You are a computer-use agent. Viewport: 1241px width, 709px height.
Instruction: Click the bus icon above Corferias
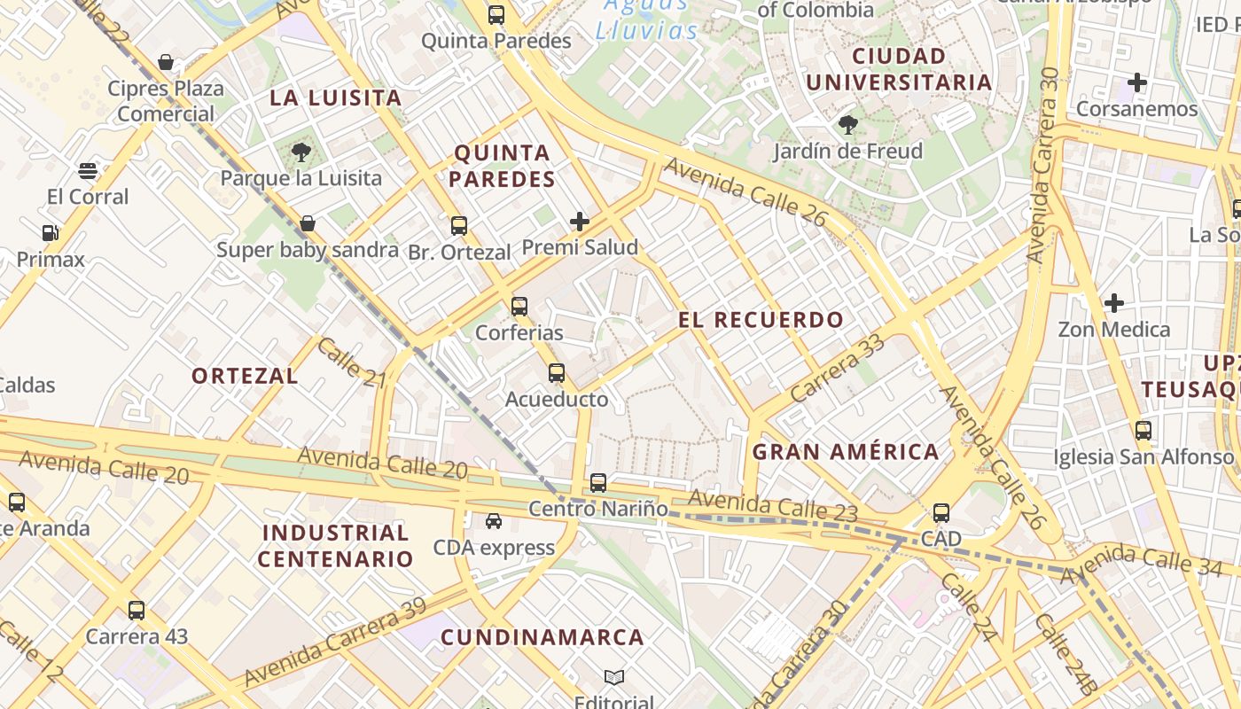pyautogui.click(x=519, y=307)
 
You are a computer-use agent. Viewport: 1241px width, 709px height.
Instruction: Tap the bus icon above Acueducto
pyautogui.click(x=557, y=373)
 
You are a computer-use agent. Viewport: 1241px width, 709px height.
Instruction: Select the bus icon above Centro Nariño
pyautogui.click(x=598, y=483)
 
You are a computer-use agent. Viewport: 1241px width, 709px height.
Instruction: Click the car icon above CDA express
pyautogui.click(x=494, y=521)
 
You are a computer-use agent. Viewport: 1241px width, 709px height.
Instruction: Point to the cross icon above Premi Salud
pyautogui.click(x=580, y=221)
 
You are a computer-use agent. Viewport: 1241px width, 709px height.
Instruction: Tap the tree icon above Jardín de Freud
pyautogui.click(x=848, y=125)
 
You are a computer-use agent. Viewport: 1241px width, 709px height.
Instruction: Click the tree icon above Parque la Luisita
pyautogui.click(x=300, y=152)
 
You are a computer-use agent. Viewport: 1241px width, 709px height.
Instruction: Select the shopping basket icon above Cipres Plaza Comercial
pyautogui.click(x=166, y=62)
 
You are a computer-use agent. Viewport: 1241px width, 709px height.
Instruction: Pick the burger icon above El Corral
pyautogui.click(x=88, y=170)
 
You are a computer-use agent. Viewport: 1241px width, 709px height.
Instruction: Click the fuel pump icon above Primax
pyautogui.click(x=51, y=233)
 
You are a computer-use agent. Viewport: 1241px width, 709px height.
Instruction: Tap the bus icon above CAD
pyautogui.click(x=941, y=512)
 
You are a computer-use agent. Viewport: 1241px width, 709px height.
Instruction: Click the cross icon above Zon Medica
pyautogui.click(x=1114, y=303)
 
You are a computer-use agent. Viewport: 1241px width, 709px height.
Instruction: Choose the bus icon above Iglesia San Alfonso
pyautogui.click(x=1143, y=431)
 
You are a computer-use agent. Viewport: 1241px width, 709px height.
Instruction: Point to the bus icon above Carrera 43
pyautogui.click(x=137, y=610)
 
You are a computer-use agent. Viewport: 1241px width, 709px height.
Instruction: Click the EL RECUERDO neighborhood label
pyautogui.click(x=761, y=320)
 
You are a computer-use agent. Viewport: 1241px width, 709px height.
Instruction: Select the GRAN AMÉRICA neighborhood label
pyautogui.click(x=845, y=452)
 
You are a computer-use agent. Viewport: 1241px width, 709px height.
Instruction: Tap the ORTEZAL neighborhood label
pyautogui.click(x=245, y=376)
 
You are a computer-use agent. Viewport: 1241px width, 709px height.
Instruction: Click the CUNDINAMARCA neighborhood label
pyautogui.click(x=542, y=637)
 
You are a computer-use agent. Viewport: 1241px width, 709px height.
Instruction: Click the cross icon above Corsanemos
pyautogui.click(x=1137, y=83)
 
